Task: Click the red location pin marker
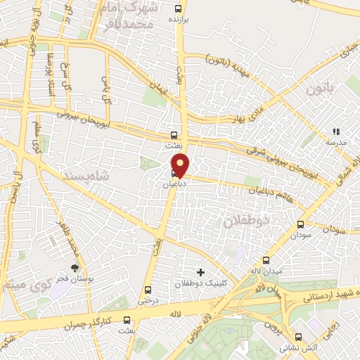pos(181,165)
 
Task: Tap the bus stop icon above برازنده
pos(176,9)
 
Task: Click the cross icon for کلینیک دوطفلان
pos(200,271)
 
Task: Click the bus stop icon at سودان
pos(301,225)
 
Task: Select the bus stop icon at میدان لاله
pos(266,260)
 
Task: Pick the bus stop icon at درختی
pos(148,290)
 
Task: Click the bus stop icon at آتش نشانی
pos(299,337)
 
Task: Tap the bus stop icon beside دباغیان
pos(174,173)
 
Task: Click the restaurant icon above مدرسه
pos(335,131)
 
